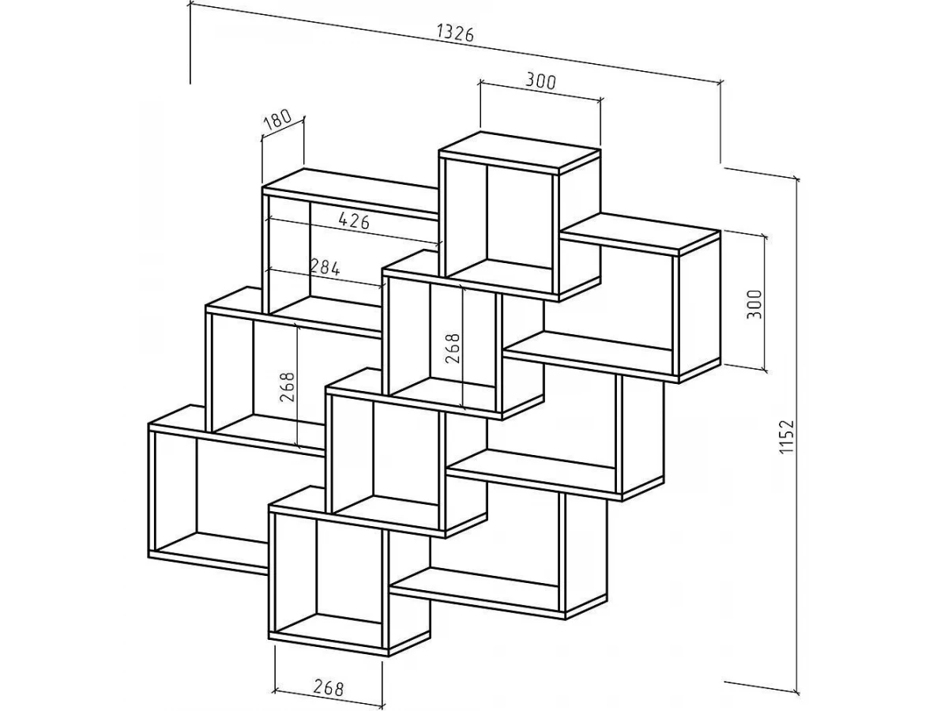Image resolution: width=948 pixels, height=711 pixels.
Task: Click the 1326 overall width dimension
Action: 455,33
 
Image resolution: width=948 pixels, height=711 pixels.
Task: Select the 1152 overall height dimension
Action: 787,435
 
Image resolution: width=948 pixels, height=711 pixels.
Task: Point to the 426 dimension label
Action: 354,220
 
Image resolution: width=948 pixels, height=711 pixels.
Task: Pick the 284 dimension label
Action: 325,268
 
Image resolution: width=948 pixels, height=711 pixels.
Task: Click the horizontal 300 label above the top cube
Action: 540,81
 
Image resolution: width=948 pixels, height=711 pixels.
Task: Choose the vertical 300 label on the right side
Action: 754,304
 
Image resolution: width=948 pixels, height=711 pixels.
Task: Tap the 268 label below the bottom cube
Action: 328,687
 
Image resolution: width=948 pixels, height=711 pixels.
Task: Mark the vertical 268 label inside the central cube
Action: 453,348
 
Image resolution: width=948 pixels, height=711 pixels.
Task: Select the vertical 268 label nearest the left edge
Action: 288,387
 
